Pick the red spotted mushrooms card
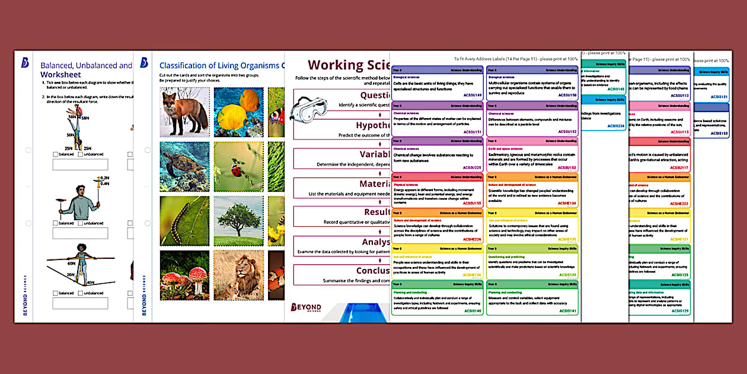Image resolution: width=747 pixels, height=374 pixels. [184, 275]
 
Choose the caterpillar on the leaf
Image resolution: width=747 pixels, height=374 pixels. [184, 220]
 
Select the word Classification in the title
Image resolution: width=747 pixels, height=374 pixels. [190, 65]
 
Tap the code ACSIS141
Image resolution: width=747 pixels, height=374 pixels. [566, 310]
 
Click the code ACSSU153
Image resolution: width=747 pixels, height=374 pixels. [566, 167]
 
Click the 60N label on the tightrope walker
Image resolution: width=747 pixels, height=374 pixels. [71, 262]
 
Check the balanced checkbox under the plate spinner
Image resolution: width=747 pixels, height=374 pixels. [56, 223]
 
